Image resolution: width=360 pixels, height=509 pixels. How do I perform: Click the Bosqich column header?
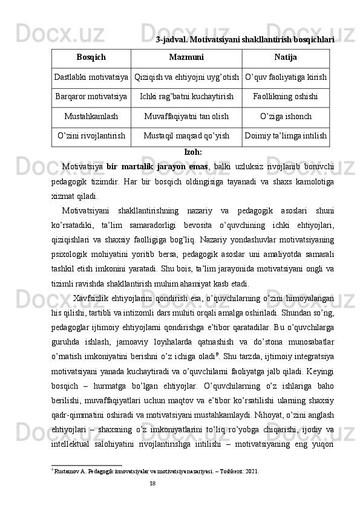[91, 57]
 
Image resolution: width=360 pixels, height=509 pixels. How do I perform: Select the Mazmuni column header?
[186, 57]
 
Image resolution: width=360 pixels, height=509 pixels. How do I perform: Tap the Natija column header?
[286, 57]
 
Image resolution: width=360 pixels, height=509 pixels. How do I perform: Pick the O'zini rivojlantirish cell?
[91, 136]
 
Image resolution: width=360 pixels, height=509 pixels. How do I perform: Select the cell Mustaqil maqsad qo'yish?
[186, 136]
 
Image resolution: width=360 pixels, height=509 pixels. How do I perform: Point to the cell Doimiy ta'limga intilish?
[286, 136]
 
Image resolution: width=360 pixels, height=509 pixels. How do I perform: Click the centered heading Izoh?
[193, 152]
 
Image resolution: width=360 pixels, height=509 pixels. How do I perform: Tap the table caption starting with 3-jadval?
[245, 40]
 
